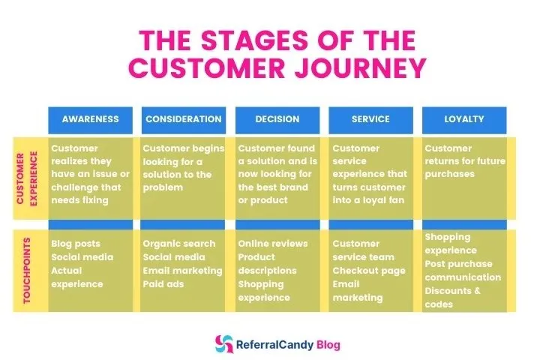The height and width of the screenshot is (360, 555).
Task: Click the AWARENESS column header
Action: [x=90, y=119]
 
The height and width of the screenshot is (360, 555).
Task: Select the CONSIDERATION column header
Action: [x=184, y=119]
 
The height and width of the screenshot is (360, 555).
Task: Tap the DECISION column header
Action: [x=277, y=119]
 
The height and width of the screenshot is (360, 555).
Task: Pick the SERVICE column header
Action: [x=370, y=119]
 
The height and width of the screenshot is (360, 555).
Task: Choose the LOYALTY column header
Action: [x=463, y=119]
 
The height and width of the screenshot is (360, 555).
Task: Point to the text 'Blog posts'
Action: [x=76, y=244]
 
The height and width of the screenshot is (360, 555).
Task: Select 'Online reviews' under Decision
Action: [x=272, y=244]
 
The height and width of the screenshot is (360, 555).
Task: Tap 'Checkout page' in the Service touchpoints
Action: [x=369, y=271]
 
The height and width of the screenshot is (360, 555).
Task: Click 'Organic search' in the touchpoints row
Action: [x=178, y=244]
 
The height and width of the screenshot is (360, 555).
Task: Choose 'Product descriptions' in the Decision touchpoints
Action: [x=268, y=264]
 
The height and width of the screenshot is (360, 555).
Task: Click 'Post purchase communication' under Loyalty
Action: [x=463, y=271]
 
